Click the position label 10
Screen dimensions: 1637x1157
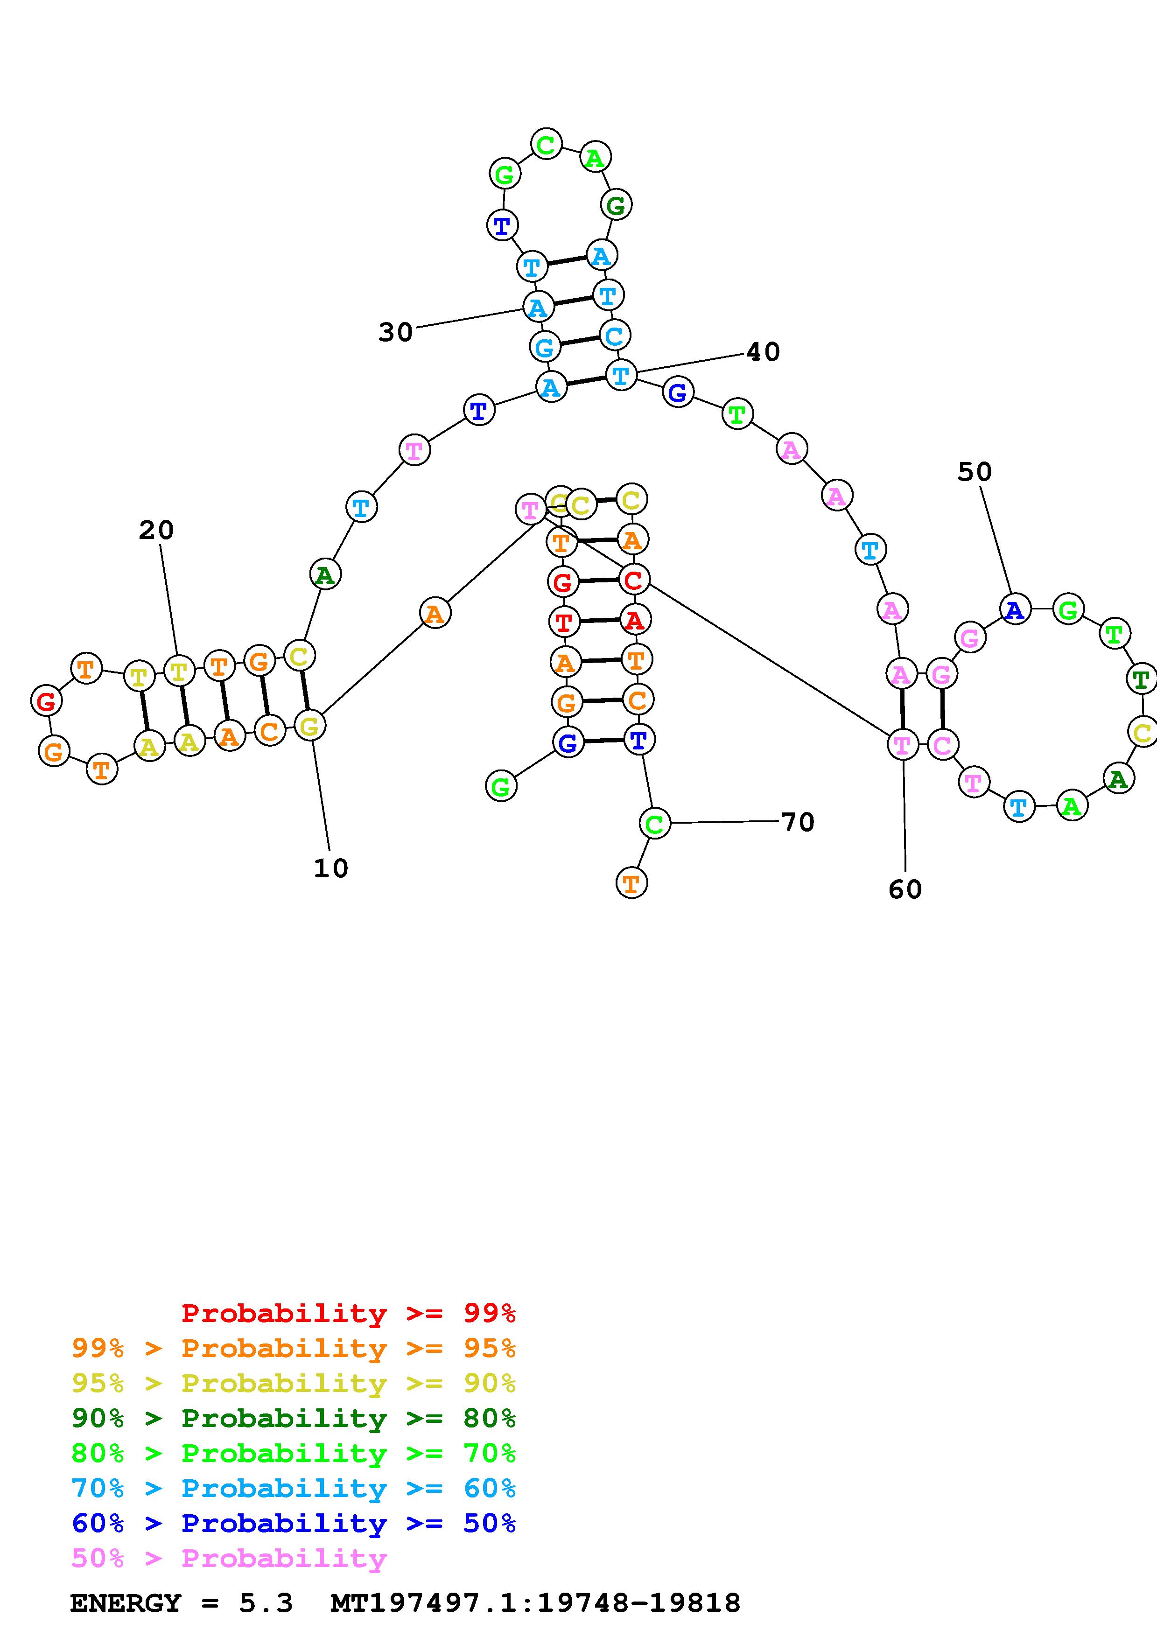331,868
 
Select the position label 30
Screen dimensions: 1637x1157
396,332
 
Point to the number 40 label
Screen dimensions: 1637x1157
763,351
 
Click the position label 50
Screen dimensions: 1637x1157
975,471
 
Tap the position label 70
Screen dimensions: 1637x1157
798,822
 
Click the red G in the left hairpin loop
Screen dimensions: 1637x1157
46,701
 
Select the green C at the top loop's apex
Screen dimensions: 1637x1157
546,145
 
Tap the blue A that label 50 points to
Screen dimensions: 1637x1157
1015,609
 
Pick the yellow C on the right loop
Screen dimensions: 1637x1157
1142,732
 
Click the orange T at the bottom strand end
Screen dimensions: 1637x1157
631,883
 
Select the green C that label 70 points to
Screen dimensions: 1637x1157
654,824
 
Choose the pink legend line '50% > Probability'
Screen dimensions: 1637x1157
229,1559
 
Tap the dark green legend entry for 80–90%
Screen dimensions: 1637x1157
293,1418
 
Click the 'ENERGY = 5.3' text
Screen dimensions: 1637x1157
181,1603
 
